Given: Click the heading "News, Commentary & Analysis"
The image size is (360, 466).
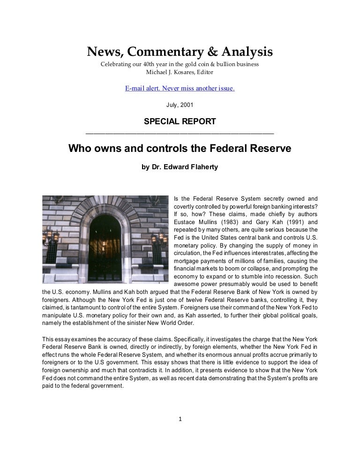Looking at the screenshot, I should point(180,52).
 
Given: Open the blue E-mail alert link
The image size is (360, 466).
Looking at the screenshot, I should point(180,88).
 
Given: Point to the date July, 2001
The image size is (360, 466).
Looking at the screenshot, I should point(180,105).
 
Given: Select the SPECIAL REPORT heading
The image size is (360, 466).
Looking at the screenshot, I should point(180,121).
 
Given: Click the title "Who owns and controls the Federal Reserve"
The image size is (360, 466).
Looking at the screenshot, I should point(180,149).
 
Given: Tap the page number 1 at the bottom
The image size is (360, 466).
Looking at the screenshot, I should point(180,419).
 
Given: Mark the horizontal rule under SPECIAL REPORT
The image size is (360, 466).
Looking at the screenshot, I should point(180,134).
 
